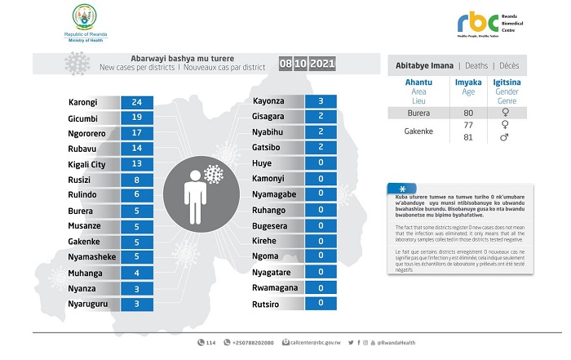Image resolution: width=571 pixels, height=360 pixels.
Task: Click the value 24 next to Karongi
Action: pos(136,103)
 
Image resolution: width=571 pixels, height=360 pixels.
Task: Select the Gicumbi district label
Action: pos(83,118)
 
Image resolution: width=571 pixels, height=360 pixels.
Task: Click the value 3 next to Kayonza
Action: pos(321,101)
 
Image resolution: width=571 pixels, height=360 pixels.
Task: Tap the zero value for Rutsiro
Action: pos(321,303)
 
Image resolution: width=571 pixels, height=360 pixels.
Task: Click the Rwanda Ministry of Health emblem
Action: pos(84,16)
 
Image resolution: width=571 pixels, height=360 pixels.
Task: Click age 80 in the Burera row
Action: pos(467,112)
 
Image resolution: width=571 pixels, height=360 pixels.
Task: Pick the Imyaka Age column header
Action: pos(467,87)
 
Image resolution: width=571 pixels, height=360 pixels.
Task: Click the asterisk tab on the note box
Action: pos(402,188)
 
